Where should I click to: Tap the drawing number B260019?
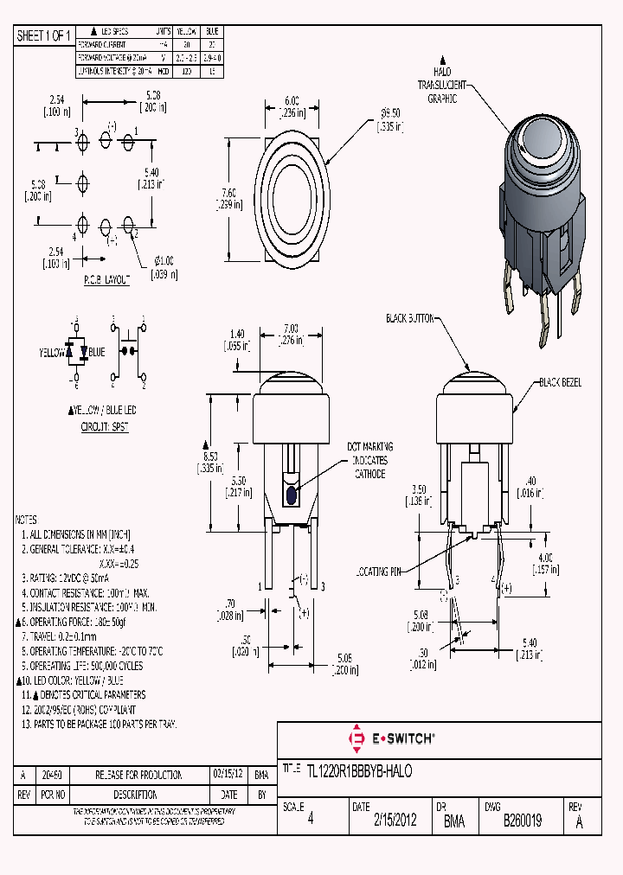523,821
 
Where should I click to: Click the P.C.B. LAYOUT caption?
106,281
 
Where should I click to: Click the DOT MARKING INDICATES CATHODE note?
369,460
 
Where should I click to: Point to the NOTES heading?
26,520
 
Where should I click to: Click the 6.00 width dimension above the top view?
292,105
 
